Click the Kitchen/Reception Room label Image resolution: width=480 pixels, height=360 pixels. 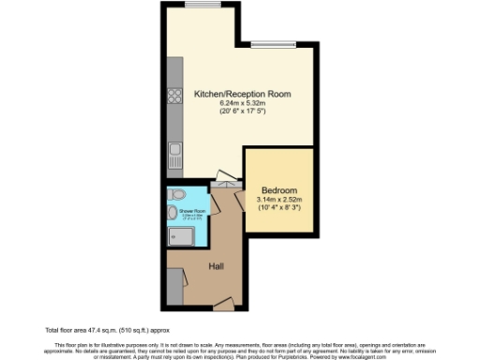[x=242, y=95]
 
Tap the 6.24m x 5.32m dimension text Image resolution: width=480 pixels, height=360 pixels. [x=242, y=103]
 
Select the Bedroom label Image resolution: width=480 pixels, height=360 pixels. [x=279, y=190]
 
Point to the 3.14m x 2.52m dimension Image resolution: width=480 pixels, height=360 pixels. [x=279, y=199]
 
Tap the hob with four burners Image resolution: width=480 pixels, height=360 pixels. [x=174, y=95]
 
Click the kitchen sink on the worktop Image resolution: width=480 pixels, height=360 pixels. [x=174, y=153]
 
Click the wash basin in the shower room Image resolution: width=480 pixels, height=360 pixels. [x=172, y=215]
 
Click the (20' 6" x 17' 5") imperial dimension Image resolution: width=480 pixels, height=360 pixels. [x=242, y=112]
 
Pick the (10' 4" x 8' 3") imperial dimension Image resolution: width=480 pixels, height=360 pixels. [x=279, y=207]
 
